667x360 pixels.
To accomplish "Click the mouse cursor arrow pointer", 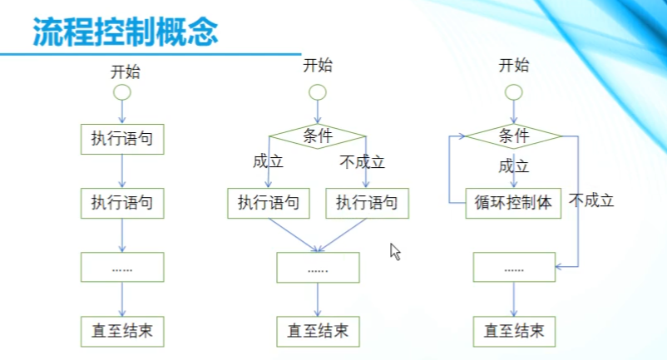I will click(x=396, y=251).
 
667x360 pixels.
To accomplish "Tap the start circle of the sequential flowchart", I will click(x=122, y=91).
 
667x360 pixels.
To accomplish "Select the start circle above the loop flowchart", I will click(x=514, y=91).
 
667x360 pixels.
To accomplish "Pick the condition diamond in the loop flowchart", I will click(x=514, y=136).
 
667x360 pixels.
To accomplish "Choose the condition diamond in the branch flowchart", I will click(x=317, y=136).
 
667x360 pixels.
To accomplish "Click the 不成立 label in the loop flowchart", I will click(x=591, y=200).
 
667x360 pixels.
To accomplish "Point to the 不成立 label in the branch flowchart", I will click(x=362, y=162).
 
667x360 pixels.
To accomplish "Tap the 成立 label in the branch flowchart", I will click(x=268, y=162).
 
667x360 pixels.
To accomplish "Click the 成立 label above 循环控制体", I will click(x=514, y=166).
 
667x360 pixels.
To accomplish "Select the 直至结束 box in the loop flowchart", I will click(x=514, y=331).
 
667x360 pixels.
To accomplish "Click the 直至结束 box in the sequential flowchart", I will click(x=122, y=331).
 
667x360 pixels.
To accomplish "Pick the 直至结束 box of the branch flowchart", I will click(x=318, y=331).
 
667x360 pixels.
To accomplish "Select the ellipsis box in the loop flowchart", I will click(x=514, y=268).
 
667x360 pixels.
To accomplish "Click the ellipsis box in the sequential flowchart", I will click(x=122, y=267).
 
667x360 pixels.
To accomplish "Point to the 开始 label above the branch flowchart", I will click(x=317, y=65).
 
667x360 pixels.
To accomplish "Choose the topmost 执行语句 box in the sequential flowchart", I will click(x=122, y=140).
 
